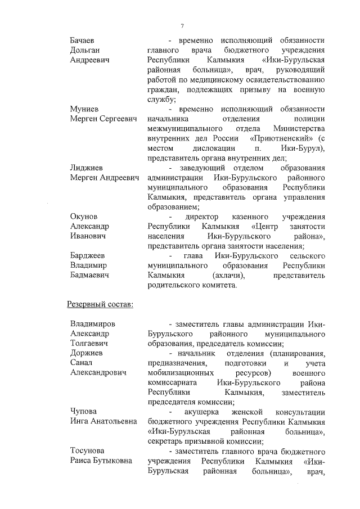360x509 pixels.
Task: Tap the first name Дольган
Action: point(84,50)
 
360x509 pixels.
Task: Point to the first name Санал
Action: point(81,363)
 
